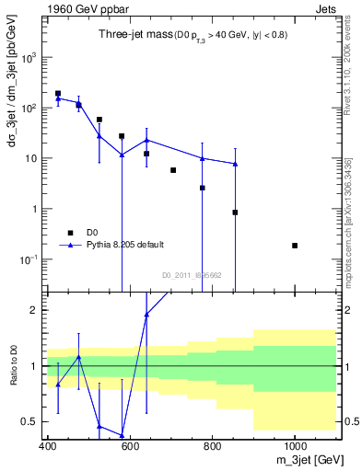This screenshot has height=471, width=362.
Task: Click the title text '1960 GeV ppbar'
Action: [79, 8]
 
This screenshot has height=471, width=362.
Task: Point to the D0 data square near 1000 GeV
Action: [295, 246]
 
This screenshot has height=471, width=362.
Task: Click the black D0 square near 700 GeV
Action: [173, 170]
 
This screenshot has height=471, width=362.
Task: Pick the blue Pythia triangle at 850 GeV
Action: [235, 164]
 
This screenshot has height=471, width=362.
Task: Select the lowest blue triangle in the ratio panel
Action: [122, 435]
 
